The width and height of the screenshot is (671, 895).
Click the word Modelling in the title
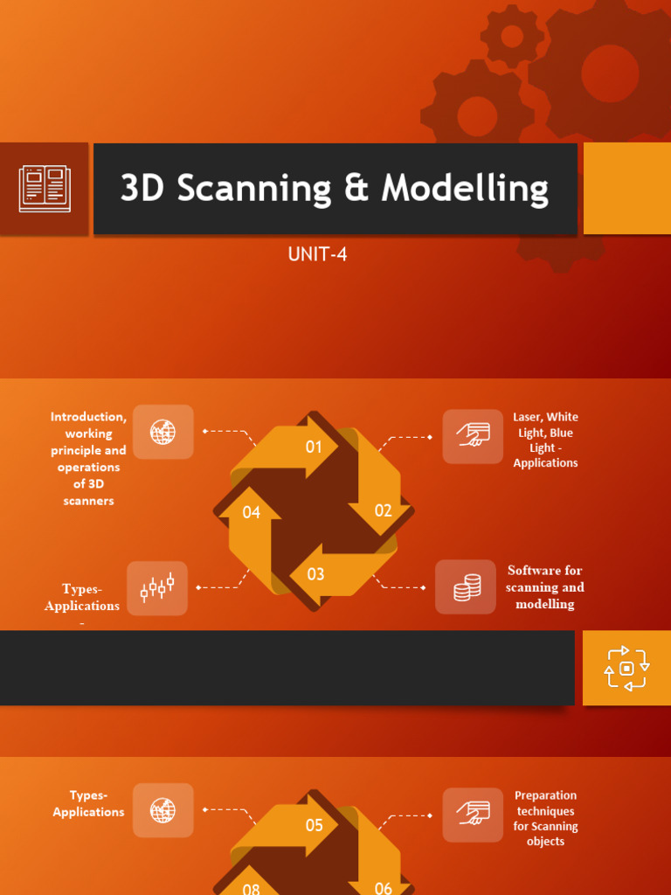tap(465, 189)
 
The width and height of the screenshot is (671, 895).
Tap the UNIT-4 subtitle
tap(318, 254)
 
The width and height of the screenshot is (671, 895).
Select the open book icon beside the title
tap(44, 189)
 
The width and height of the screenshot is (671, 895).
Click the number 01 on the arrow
tap(314, 447)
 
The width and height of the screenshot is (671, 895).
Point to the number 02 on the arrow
tap(384, 510)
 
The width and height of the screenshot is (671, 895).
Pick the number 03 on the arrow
tap(315, 574)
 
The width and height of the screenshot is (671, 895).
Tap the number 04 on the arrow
tap(252, 512)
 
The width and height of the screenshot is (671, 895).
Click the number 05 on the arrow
tap(314, 825)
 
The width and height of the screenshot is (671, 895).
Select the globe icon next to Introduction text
tap(163, 432)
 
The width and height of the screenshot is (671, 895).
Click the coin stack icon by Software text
tap(467, 587)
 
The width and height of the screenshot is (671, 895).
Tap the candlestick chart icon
tap(157, 588)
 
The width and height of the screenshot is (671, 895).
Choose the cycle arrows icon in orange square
tap(626, 669)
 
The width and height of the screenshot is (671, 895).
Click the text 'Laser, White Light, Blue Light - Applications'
tap(545, 440)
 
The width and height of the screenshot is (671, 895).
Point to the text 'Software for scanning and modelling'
tap(544, 587)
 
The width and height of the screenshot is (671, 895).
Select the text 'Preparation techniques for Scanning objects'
tap(545, 818)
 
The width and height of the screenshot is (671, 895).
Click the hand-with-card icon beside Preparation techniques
tap(473, 814)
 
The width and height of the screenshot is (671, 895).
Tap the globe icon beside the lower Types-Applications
tap(163, 810)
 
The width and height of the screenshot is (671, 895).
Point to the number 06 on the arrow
tap(384, 888)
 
